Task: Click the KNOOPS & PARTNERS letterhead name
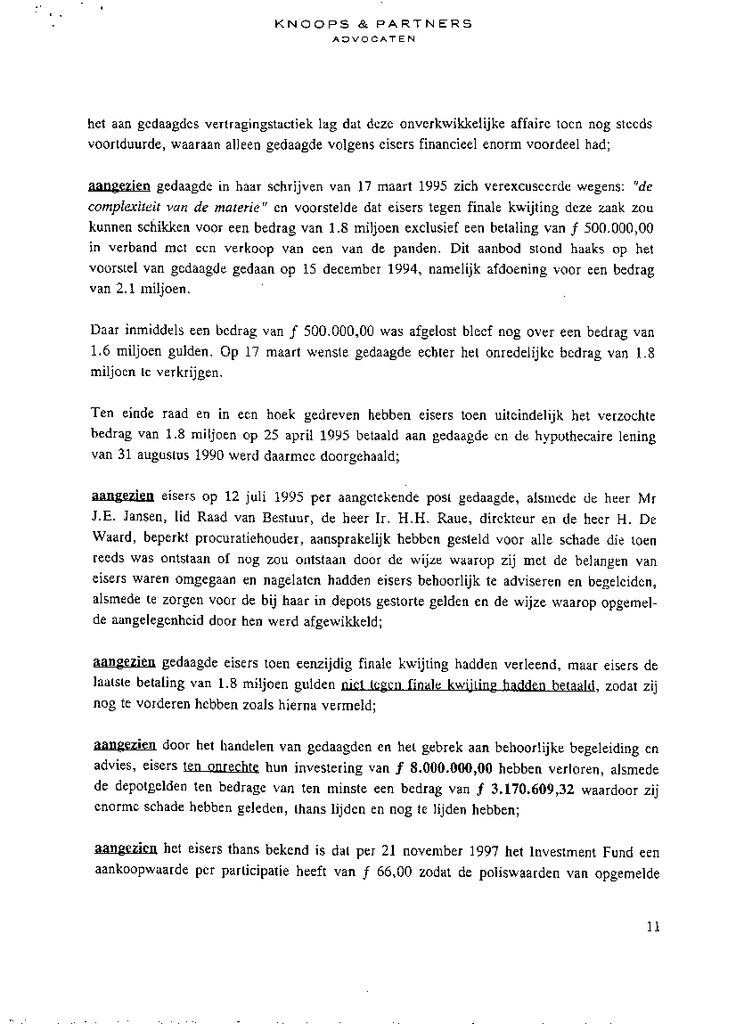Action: [x=374, y=23]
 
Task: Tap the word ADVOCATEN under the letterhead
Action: [x=374, y=39]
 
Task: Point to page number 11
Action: [x=653, y=927]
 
